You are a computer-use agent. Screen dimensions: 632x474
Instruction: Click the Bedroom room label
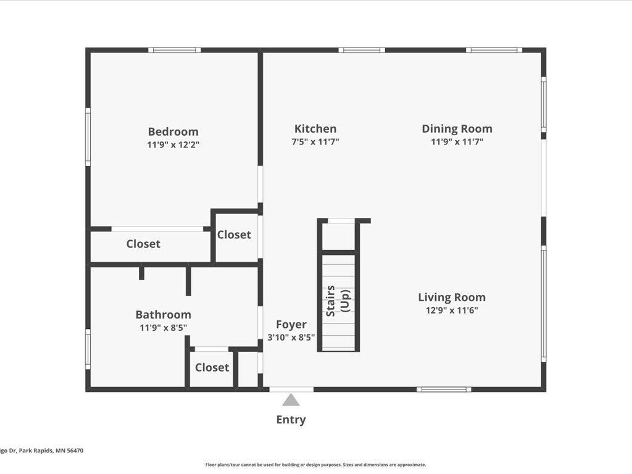click(173, 132)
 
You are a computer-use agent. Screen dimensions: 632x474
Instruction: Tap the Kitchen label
click(315, 129)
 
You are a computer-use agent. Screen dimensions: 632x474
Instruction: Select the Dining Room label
click(457, 129)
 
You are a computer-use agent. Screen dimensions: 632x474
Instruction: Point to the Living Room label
click(452, 297)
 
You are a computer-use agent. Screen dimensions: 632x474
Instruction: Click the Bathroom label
click(163, 315)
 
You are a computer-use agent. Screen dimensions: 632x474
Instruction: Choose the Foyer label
click(291, 325)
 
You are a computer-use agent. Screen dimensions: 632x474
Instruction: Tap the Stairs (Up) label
click(338, 301)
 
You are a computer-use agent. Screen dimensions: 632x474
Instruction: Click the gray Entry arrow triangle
click(291, 400)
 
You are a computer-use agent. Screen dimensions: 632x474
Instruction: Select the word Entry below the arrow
click(291, 420)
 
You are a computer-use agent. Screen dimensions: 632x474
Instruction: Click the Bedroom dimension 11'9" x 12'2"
click(173, 144)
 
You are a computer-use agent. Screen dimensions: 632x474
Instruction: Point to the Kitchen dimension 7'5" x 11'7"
click(315, 142)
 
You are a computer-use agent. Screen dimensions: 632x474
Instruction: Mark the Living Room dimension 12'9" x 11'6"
click(452, 310)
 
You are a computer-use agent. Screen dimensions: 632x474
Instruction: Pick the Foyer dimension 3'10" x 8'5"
click(291, 338)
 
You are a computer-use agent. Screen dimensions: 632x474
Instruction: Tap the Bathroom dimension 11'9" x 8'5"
click(163, 328)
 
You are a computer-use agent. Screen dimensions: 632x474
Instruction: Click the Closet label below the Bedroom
click(143, 244)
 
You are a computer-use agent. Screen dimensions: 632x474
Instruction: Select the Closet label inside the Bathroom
click(212, 368)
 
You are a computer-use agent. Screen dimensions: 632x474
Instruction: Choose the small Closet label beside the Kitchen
click(234, 235)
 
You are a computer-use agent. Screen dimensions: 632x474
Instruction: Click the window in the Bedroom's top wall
click(175, 51)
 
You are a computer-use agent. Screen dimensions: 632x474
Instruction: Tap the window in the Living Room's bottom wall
click(444, 389)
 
